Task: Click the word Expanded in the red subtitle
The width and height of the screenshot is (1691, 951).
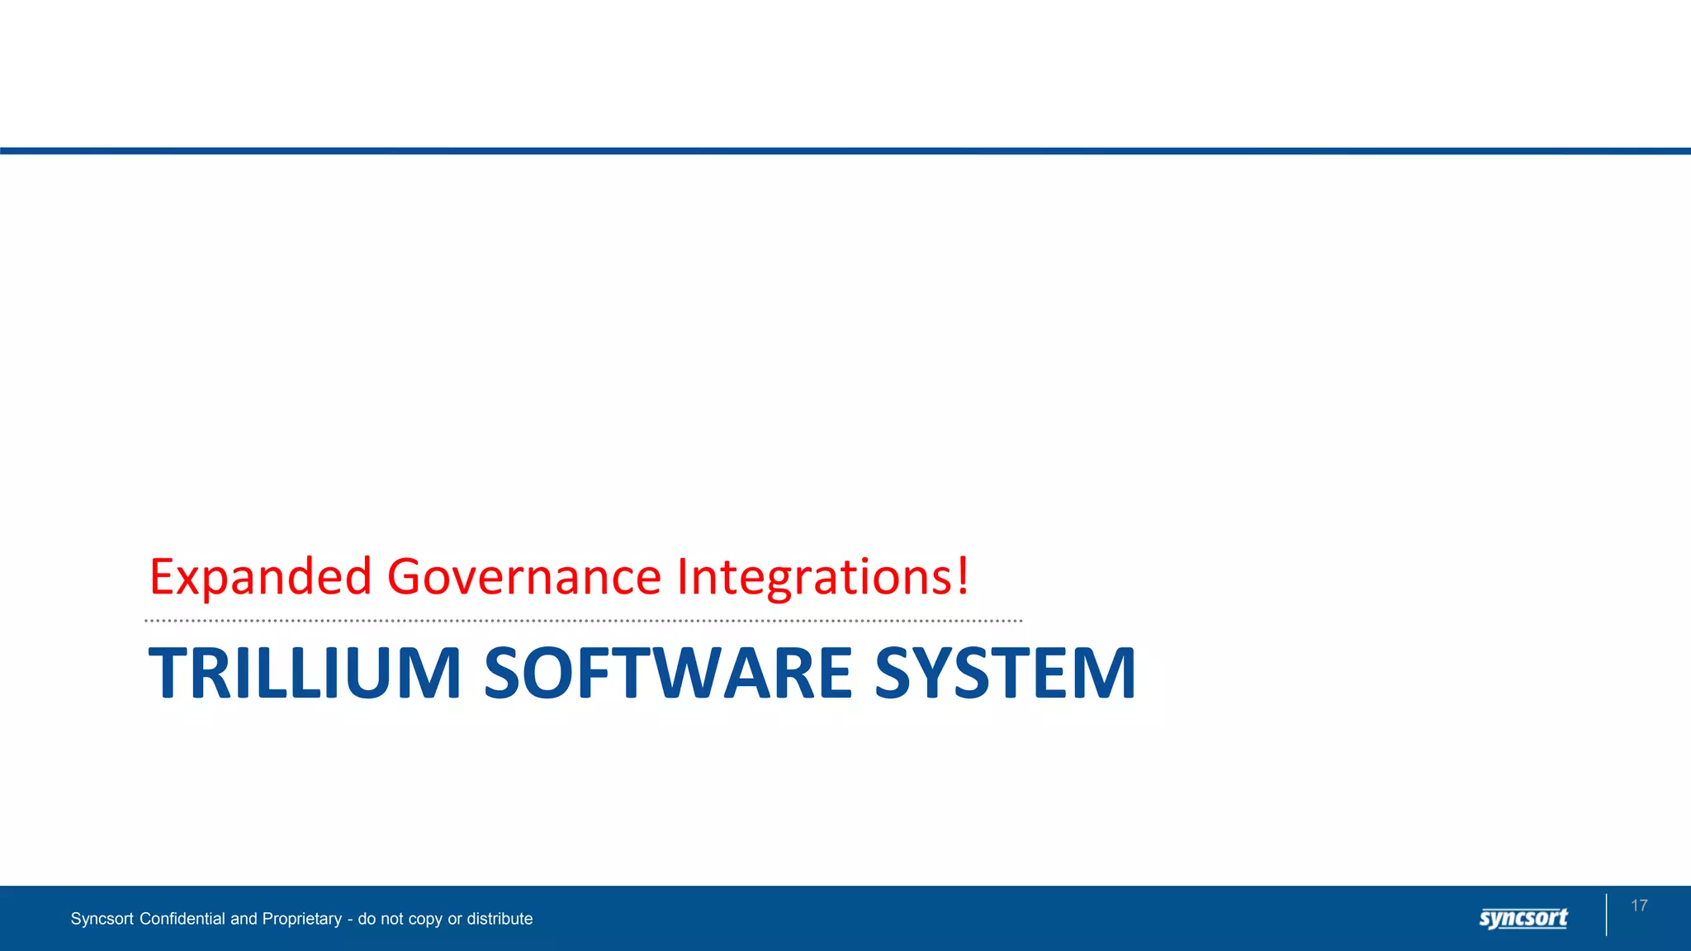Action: (x=260, y=576)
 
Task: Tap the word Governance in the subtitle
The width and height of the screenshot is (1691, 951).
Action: (x=523, y=576)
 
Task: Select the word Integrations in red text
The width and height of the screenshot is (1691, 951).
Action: (x=816, y=576)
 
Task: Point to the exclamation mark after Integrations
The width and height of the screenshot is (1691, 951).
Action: (x=963, y=575)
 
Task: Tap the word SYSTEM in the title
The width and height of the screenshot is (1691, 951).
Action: (x=1005, y=673)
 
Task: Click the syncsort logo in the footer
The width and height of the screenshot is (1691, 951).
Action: (x=1523, y=918)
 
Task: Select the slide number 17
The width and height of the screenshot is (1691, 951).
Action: (x=1639, y=906)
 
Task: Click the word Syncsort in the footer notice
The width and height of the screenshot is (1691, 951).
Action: (x=102, y=919)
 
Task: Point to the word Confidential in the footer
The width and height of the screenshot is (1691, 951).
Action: (x=182, y=919)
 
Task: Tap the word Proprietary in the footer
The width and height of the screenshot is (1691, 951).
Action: (x=301, y=919)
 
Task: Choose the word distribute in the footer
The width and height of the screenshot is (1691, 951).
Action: (x=500, y=919)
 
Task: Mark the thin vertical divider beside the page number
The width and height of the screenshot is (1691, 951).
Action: (x=1607, y=915)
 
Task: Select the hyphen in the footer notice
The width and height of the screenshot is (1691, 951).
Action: (x=350, y=920)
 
